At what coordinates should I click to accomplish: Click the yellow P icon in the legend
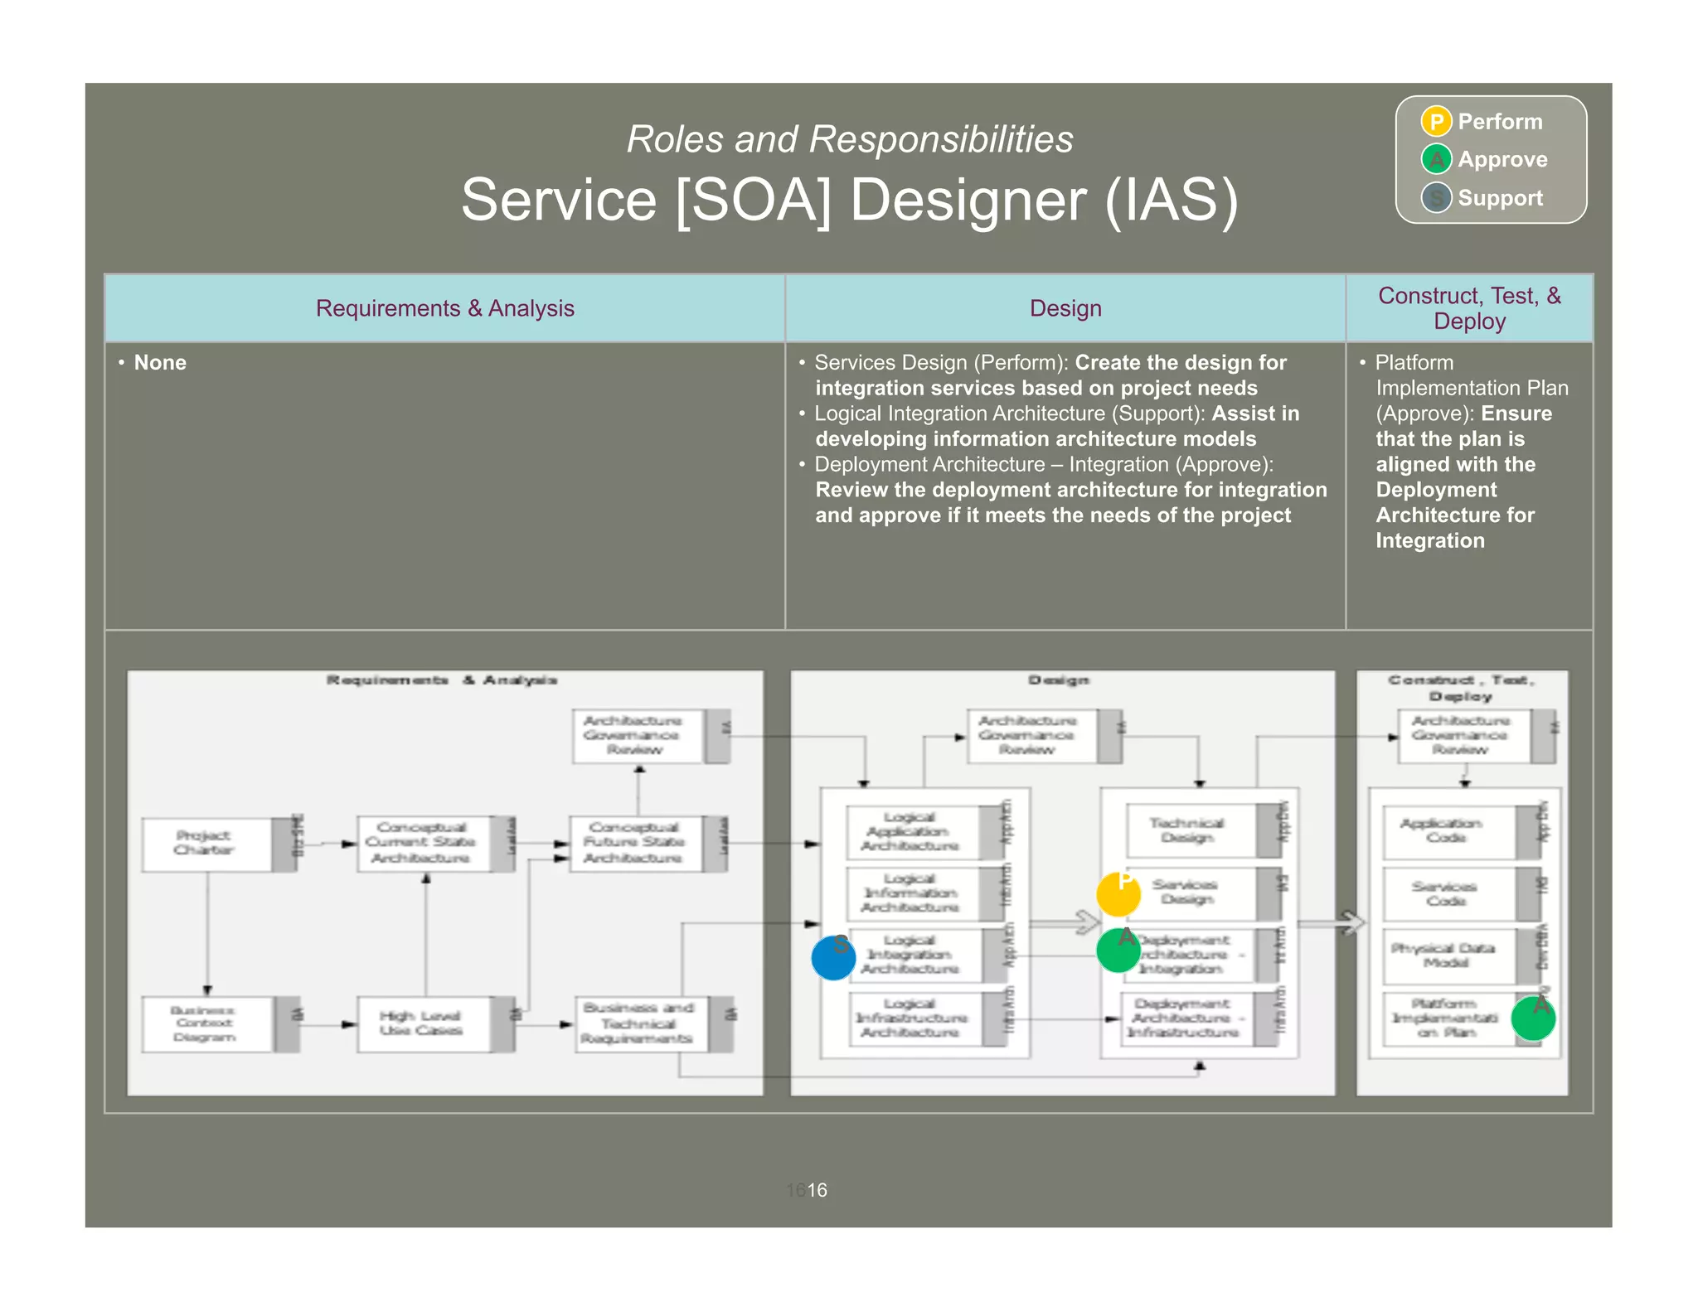click(x=1436, y=122)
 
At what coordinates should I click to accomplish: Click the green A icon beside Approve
click(x=1436, y=159)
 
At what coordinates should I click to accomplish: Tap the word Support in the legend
click(x=1500, y=198)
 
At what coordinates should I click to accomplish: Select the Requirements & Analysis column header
click(x=444, y=308)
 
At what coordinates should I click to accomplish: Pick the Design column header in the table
click(x=1065, y=308)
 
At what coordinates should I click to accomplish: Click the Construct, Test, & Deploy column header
click(x=1469, y=308)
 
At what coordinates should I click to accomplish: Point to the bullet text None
click(x=160, y=363)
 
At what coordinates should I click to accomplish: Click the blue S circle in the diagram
click(x=833, y=958)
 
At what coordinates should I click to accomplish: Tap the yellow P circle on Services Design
click(x=1118, y=894)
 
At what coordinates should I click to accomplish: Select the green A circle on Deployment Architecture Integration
click(x=1118, y=951)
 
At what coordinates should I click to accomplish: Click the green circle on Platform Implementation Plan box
click(x=1533, y=1018)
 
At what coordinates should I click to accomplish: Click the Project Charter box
click(x=206, y=844)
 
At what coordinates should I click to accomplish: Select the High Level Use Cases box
click(x=422, y=1024)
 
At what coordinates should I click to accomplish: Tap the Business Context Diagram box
click(x=205, y=1024)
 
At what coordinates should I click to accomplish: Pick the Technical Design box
click(x=1189, y=830)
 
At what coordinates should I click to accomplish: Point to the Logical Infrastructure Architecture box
click(x=911, y=1018)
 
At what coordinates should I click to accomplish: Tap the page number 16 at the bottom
click(x=817, y=1190)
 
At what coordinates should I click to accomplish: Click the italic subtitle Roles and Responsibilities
click(x=849, y=139)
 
